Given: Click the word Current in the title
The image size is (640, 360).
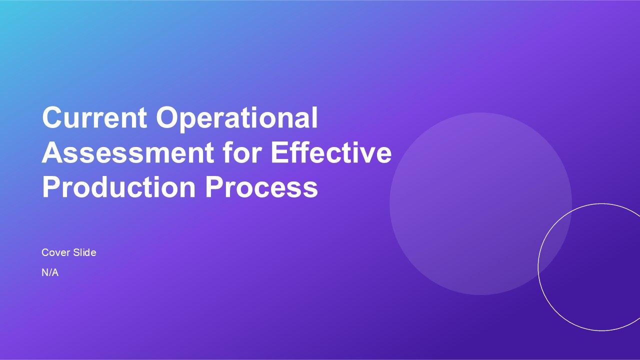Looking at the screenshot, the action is coord(94,117).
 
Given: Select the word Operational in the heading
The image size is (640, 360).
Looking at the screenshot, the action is coord(237,119).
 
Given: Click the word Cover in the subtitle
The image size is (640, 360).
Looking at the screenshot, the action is coord(55,252).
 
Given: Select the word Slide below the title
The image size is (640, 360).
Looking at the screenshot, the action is coord(84,252).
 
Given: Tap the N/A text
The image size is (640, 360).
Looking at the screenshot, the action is coord(50,272).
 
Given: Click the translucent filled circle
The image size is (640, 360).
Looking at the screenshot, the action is coord(480,203).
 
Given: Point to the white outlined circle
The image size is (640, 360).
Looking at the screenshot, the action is coord(538,267).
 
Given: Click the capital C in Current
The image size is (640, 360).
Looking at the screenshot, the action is coord(52,117).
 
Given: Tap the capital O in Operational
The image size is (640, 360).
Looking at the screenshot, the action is coord(167,117).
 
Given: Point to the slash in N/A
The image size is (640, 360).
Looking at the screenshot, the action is coord(50,272).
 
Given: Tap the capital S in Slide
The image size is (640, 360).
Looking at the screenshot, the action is coord(76,252).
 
